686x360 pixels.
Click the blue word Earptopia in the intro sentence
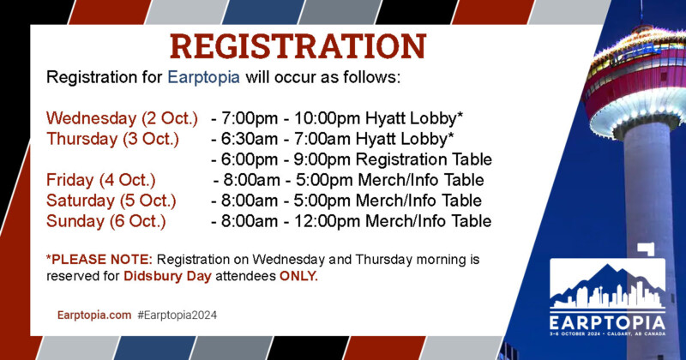(204, 78)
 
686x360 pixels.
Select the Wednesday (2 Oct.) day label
(123, 117)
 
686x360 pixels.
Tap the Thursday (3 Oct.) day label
(112, 137)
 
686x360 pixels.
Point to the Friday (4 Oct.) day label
(101, 179)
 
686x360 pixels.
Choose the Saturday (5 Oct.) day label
(111, 201)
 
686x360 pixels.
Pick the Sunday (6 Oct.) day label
(106, 221)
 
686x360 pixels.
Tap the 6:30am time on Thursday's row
(246, 137)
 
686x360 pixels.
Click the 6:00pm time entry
(246, 159)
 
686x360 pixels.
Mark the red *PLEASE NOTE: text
(99, 259)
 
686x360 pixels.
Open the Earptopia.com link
(93, 315)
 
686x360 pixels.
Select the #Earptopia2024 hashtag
(176, 315)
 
